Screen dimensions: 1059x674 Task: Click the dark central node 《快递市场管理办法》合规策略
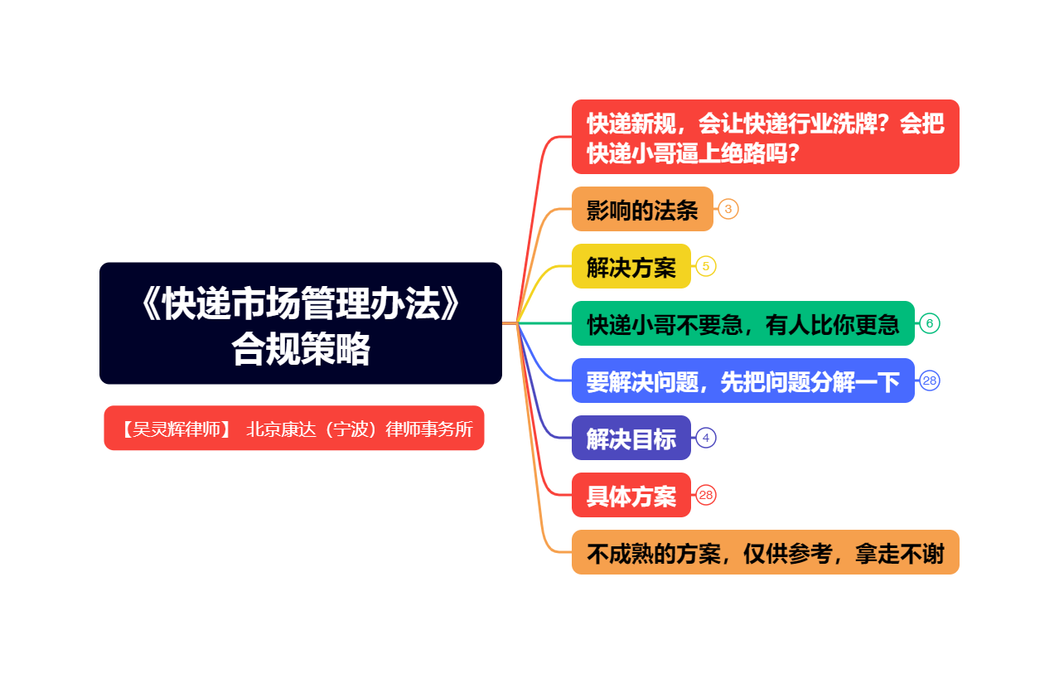click(x=301, y=323)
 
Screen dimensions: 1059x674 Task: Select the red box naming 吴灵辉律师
click(x=294, y=428)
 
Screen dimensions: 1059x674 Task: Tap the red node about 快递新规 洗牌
click(x=766, y=137)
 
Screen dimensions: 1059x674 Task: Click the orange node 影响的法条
click(x=642, y=209)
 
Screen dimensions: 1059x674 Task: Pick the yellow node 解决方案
click(x=631, y=266)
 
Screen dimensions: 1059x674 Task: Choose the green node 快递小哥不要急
click(x=743, y=323)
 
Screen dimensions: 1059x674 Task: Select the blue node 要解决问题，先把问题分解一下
click(x=743, y=381)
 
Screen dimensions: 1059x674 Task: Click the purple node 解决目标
click(x=631, y=438)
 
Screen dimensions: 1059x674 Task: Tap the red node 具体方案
click(x=631, y=495)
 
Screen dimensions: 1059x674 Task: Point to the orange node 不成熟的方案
click(x=766, y=552)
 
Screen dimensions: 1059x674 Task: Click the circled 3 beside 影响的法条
click(x=728, y=209)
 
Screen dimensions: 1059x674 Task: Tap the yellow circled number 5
click(x=706, y=266)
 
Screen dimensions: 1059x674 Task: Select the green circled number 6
click(x=930, y=323)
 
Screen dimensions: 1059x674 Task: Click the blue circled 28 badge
click(x=930, y=381)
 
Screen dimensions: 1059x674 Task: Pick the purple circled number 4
click(x=706, y=438)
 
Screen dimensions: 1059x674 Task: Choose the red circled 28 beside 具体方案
click(x=706, y=495)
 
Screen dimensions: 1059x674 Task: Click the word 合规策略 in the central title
click(x=301, y=348)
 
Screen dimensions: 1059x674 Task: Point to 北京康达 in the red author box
click(x=281, y=429)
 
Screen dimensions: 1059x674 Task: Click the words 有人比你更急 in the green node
click(x=833, y=324)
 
